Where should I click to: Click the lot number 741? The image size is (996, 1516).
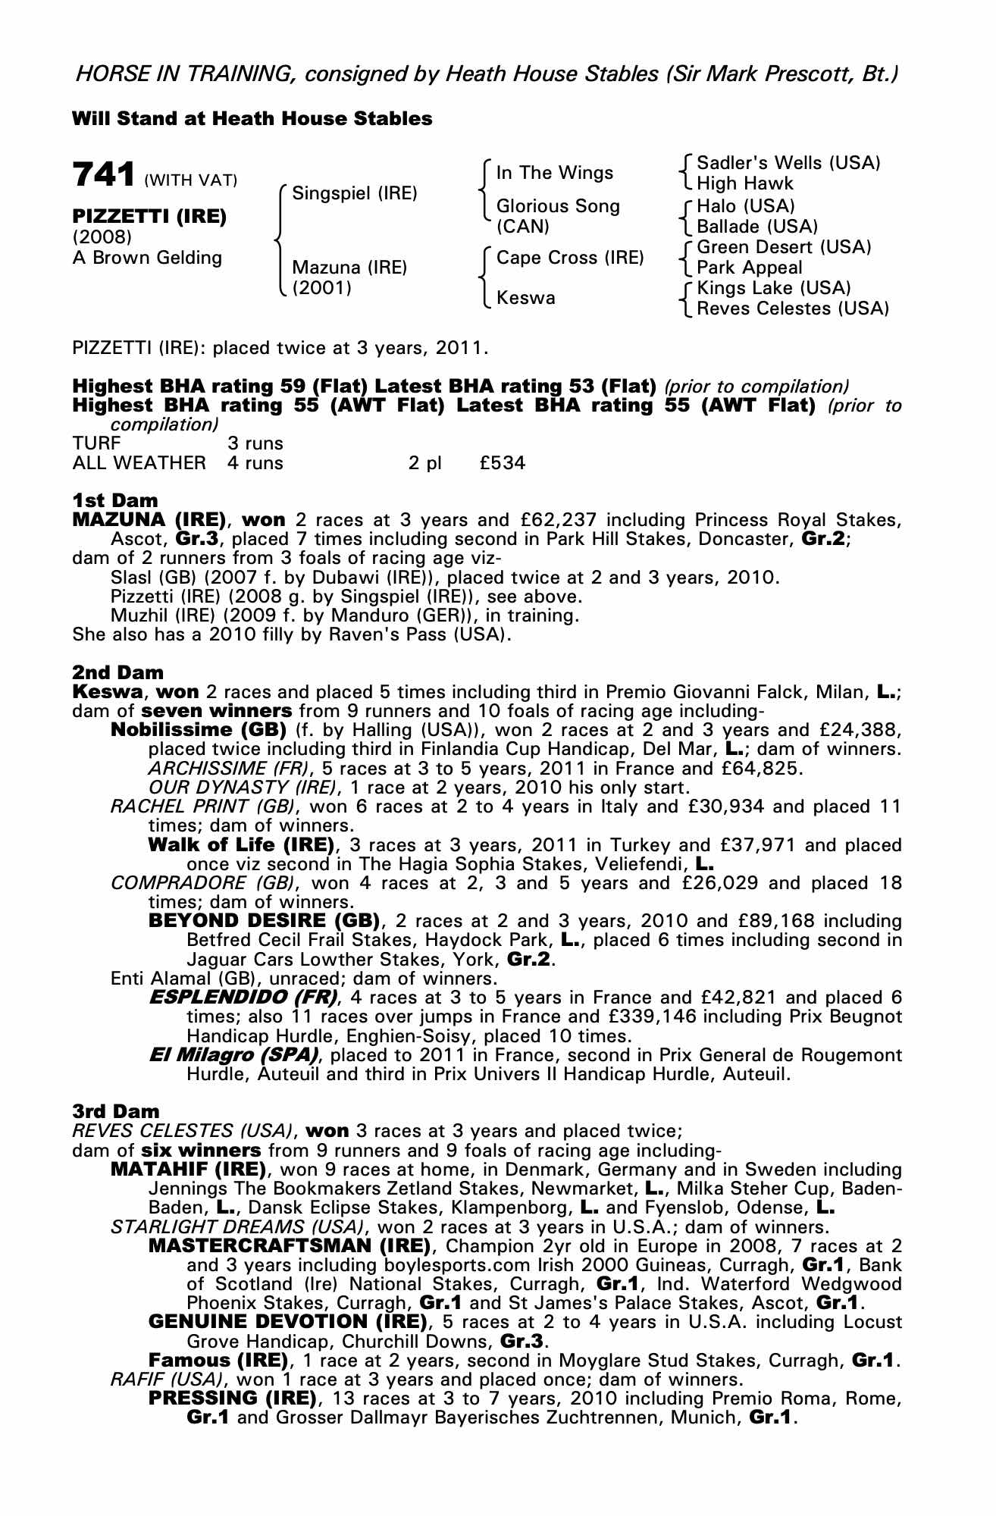(104, 175)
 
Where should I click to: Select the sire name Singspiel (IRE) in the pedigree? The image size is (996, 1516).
(355, 193)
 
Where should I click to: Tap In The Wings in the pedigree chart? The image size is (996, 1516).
(554, 173)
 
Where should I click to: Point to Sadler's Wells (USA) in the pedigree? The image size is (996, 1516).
(788, 163)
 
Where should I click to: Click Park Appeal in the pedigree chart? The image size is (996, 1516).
(749, 268)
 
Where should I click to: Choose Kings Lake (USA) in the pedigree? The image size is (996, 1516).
(774, 288)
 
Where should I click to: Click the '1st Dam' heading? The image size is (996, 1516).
(115, 500)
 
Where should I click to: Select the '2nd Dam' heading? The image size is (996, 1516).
(117, 672)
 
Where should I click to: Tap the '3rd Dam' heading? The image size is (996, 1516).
(116, 1111)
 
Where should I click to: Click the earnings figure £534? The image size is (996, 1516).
(502, 462)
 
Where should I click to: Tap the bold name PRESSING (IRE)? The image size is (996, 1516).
(232, 1398)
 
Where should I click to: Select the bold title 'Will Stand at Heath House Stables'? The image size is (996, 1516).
(252, 119)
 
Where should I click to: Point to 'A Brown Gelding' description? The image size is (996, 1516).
(147, 258)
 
